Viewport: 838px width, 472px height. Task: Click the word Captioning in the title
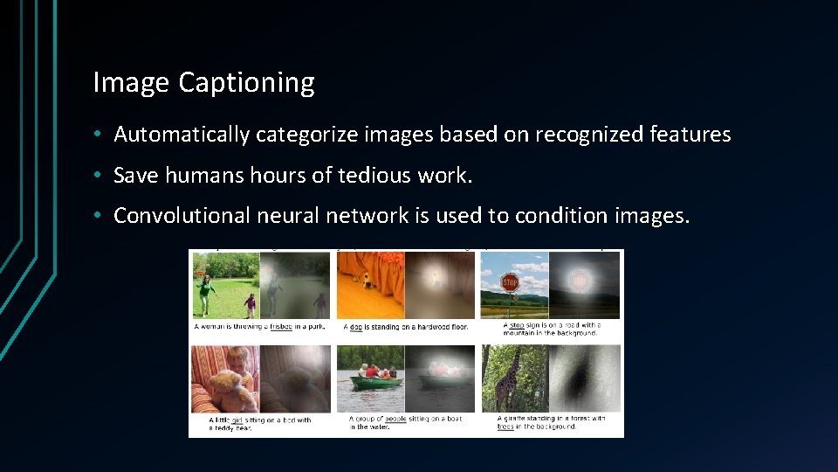(x=246, y=83)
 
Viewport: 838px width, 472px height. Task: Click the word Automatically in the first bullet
(x=182, y=135)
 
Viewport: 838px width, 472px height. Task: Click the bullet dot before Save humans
(x=102, y=176)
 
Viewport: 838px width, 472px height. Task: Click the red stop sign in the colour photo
(x=510, y=281)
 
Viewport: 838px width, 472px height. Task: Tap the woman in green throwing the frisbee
(x=206, y=294)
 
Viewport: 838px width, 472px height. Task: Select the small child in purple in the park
(x=251, y=304)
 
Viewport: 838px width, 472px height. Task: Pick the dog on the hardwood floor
(x=367, y=280)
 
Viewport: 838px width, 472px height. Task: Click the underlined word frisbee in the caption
(x=281, y=327)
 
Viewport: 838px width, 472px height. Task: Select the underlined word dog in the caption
(x=355, y=327)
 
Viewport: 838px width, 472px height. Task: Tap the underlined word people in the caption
(x=395, y=420)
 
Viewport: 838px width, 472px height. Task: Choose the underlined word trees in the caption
(x=505, y=427)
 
